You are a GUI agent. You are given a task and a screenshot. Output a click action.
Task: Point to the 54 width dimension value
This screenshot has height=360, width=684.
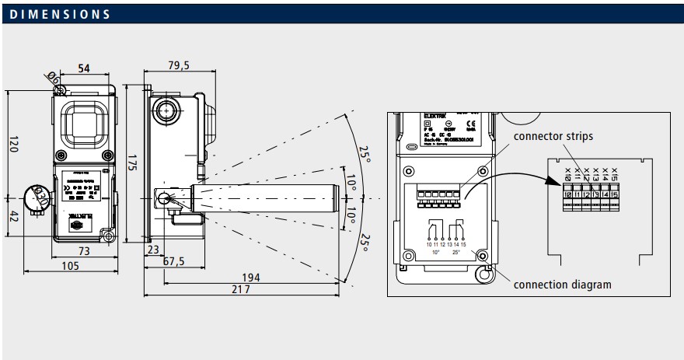click(x=83, y=68)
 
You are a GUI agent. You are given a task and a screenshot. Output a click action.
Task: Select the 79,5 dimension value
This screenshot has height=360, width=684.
click(x=178, y=65)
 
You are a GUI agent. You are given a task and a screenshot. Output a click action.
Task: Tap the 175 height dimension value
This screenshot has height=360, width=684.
click(x=133, y=162)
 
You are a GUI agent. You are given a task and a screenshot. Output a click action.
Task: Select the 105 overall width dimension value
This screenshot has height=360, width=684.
click(x=70, y=266)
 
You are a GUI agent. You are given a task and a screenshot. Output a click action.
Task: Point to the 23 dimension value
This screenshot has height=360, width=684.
click(x=152, y=250)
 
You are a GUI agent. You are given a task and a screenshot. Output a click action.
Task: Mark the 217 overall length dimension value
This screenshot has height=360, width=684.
click(x=241, y=290)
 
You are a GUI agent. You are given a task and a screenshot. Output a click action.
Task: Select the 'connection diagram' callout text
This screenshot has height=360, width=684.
click(x=562, y=285)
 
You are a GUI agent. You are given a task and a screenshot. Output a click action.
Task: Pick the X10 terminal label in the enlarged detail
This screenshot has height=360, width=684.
click(x=568, y=174)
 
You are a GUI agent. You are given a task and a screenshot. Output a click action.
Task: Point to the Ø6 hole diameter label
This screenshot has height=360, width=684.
click(x=52, y=76)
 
